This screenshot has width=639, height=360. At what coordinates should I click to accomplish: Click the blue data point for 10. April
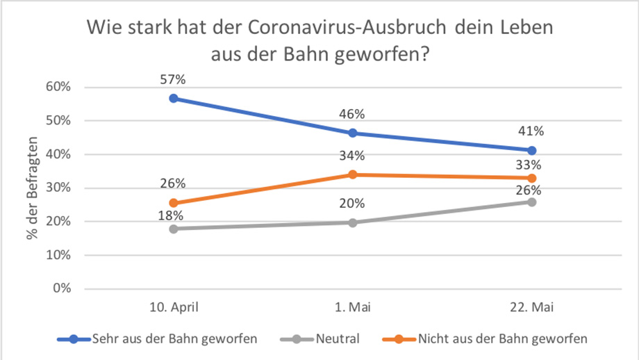click(x=174, y=99)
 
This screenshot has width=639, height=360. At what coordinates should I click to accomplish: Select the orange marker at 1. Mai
click(x=353, y=174)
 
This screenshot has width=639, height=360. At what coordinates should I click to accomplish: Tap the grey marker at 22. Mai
click(x=532, y=202)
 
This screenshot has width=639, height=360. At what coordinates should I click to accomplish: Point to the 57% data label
click(x=174, y=80)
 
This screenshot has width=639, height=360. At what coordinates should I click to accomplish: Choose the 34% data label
click(x=353, y=156)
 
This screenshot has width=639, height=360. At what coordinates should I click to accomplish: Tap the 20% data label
click(x=353, y=204)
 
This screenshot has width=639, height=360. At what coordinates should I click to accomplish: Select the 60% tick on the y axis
click(x=60, y=87)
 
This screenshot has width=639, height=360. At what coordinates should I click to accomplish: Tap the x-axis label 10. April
click(x=174, y=307)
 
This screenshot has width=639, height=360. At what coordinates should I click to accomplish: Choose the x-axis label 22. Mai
click(x=532, y=307)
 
